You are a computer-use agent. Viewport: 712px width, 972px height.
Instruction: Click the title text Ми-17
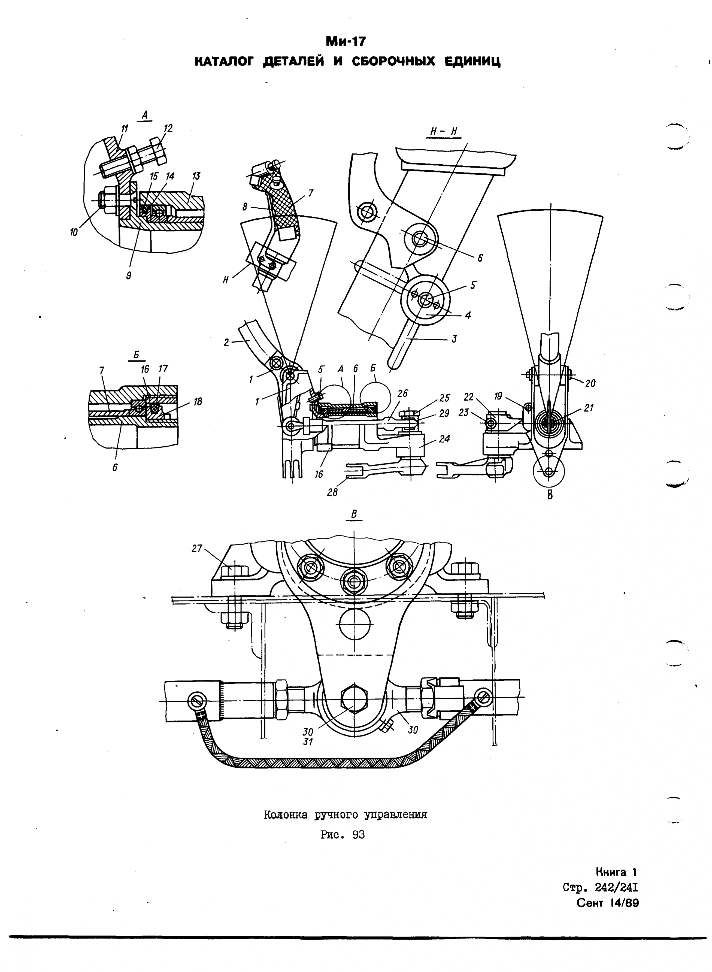click(x=346, y=41)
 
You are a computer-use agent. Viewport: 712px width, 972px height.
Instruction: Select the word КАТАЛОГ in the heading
click(x=225, y=62)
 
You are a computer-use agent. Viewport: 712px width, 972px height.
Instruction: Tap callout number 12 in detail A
click(x=168, y=128)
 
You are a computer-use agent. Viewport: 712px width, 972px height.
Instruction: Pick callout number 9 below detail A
click(x=128, y=276)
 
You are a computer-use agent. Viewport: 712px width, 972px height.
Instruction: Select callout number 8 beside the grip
click(x=245, y=207)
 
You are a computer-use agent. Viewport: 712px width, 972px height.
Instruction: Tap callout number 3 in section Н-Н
click(x=454, y=339)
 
